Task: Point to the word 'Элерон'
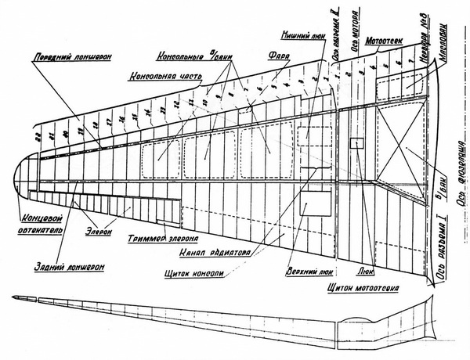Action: click(99, 232)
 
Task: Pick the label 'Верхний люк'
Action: click(307, 265)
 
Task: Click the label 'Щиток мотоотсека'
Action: click(360, 288)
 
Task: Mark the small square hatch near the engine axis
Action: click(356, 143)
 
